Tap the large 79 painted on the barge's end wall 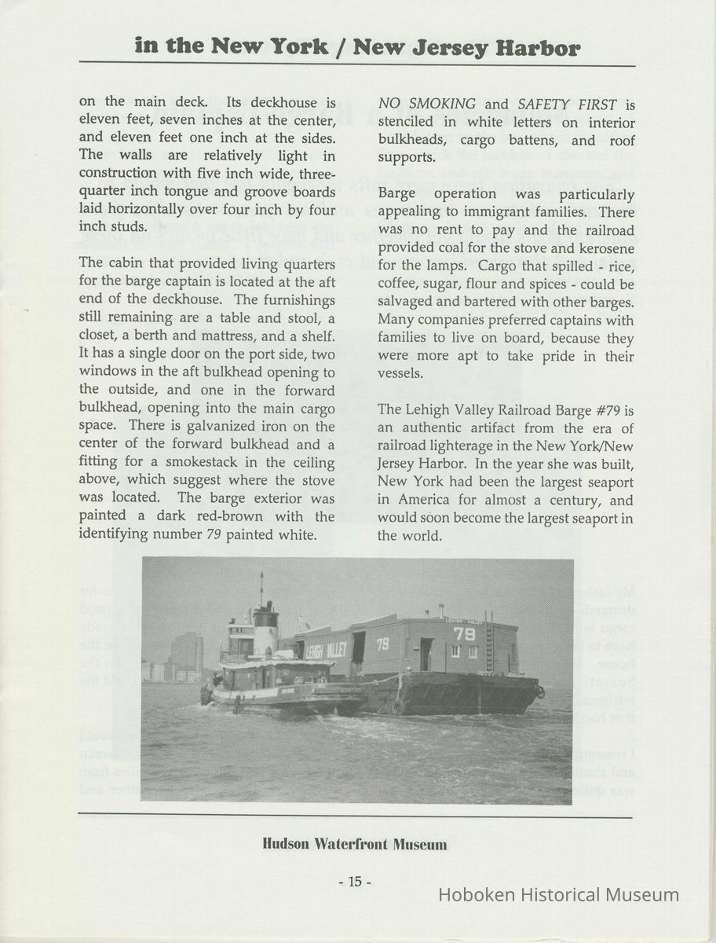[465, 633]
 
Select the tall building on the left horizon [187, 651]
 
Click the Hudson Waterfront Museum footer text [355, 845]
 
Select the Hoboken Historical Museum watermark [558, 894]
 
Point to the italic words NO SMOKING [427, 104]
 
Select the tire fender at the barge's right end [541, 692]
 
